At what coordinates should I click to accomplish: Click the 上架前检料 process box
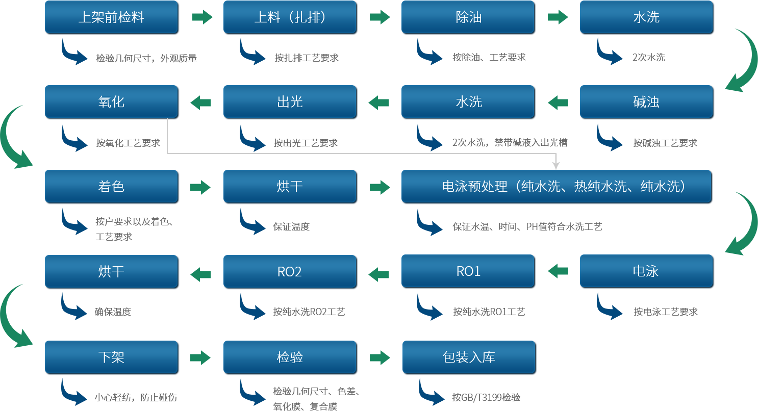(111, 17)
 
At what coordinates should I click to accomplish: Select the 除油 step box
(468, 17)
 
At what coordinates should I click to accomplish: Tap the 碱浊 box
(646, 102)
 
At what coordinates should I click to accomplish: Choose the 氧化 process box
(111, 102)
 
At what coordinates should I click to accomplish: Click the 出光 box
(290, 102)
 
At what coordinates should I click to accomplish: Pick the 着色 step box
(111, 187)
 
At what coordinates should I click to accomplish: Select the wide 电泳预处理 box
(557, 187)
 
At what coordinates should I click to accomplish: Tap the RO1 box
(468, 271)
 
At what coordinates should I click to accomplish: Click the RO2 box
(290, 271)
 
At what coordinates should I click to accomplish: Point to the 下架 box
(111, 357)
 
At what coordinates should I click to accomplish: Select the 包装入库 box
(469, 357)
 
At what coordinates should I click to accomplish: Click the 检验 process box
(290, 357)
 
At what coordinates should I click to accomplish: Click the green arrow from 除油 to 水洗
(558, 17)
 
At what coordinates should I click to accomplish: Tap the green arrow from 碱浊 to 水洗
(558, 102)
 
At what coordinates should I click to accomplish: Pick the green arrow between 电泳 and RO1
(558, 271)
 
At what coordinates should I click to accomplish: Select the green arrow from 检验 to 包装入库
(380, 357)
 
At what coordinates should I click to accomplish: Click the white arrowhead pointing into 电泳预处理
(556, 165)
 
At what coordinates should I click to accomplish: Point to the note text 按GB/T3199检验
(486, 397)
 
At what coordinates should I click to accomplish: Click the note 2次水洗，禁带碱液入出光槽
(510, 143)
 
